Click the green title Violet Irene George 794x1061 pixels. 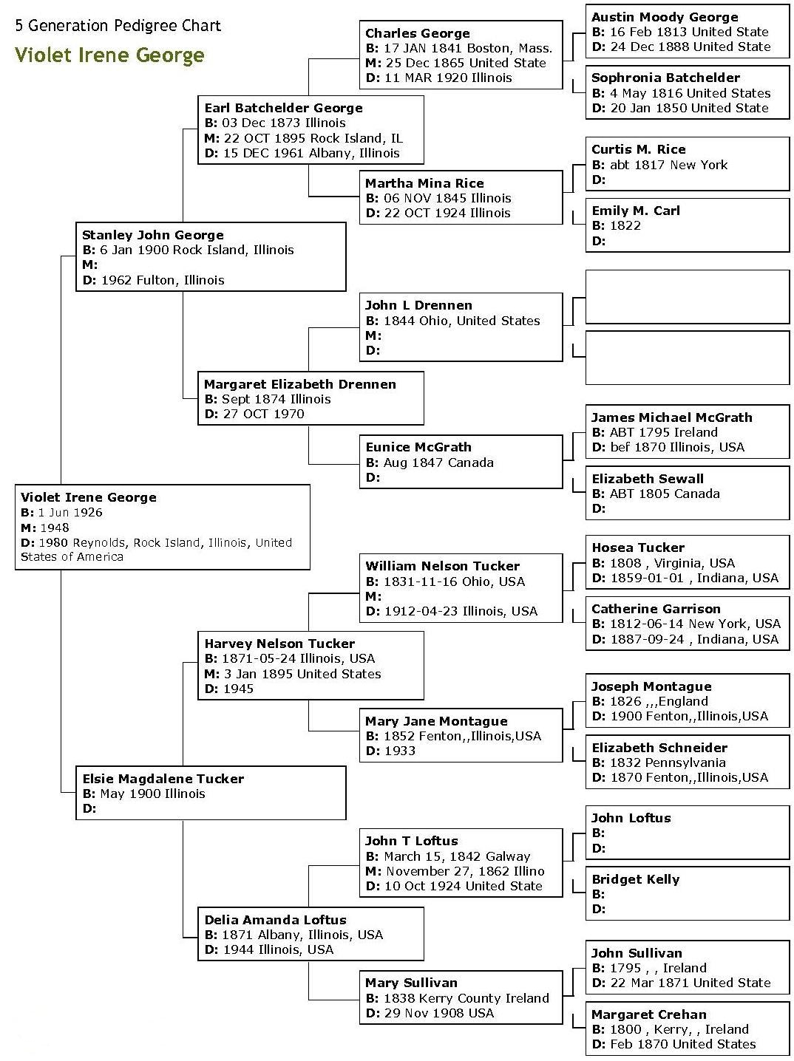[109, 55]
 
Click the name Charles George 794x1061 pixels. [418, 33]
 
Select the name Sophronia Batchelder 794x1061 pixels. [665, 78]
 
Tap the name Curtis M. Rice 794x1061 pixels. [638, 149]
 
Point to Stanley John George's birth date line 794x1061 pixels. [188, 250]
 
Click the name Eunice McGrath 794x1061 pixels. [418, 447]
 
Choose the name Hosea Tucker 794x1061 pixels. [638, 547]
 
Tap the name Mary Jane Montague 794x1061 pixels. [436, 721]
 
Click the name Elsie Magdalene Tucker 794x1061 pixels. [163, 779]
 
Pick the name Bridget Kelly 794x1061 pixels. [635, 879]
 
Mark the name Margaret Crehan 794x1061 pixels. [649, 1014]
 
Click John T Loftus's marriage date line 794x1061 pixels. [455, 871]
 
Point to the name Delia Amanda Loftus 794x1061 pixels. [275, 920]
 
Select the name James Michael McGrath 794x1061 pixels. [671, 417]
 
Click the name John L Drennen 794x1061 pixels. [418, 305]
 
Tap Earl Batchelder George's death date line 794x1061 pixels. [302, 153]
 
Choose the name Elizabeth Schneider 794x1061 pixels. [659, 748]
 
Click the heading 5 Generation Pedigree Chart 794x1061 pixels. [118, 26]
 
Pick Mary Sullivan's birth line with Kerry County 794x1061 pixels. [457, 998]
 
